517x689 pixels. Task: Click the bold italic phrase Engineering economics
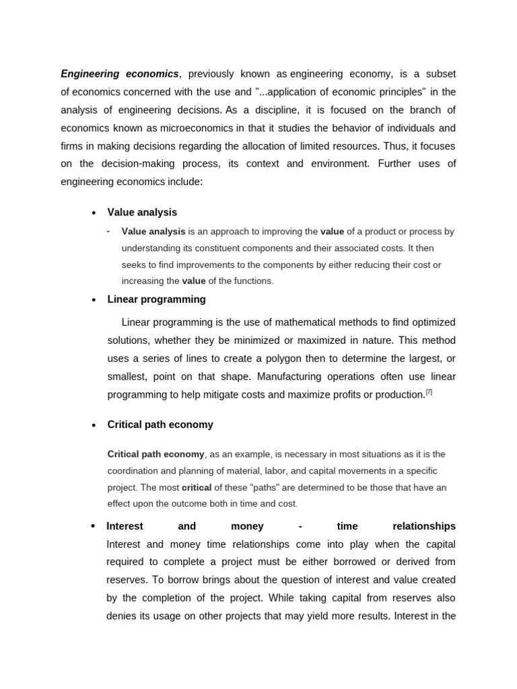(120, 73)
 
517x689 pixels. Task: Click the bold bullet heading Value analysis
(142, 212)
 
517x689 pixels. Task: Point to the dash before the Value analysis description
(108, 231)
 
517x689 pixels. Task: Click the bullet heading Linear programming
(156, 299)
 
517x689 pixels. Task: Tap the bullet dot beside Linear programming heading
(94, 300)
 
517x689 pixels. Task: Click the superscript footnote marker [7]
(428, 392)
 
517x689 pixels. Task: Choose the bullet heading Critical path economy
(160, 425)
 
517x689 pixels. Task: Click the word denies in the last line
(121, 616)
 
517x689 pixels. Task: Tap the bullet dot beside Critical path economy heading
(94, 425)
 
